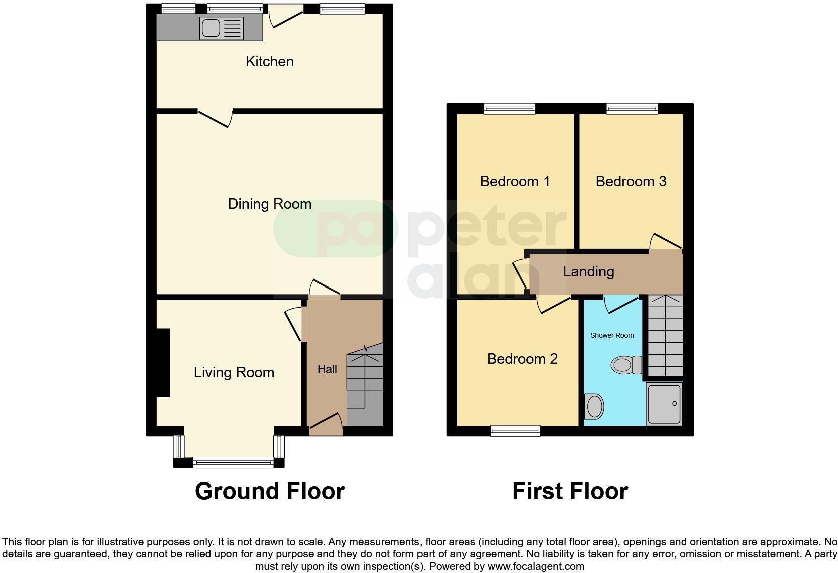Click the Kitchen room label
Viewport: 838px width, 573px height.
tap(269, 61)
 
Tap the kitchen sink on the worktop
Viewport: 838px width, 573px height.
tap(221, 28)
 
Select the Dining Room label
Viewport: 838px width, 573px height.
tap(269, 204)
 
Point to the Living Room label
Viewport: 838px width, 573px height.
tap(234, 372)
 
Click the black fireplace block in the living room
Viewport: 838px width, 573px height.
tap(163, 362)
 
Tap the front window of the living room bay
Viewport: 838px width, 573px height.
tap(233, 462)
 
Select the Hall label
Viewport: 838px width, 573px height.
tap(327, 369)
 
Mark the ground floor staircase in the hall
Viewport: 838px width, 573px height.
tap(365, 386)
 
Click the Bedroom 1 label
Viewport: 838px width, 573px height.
tap(515, 181)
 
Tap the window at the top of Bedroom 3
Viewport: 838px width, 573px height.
tap(632, 108)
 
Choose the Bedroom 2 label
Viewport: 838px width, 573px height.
tap(522, 359)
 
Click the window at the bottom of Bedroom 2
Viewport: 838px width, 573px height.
tap(515, 430)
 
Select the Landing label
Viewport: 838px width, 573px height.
tap(588, 271)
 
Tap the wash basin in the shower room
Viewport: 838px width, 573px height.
tap(594, 406)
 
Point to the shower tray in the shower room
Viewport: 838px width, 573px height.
tap(664, 404)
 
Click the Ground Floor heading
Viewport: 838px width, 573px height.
tap(270, 491)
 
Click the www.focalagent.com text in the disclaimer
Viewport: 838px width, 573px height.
tap(536, 567)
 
